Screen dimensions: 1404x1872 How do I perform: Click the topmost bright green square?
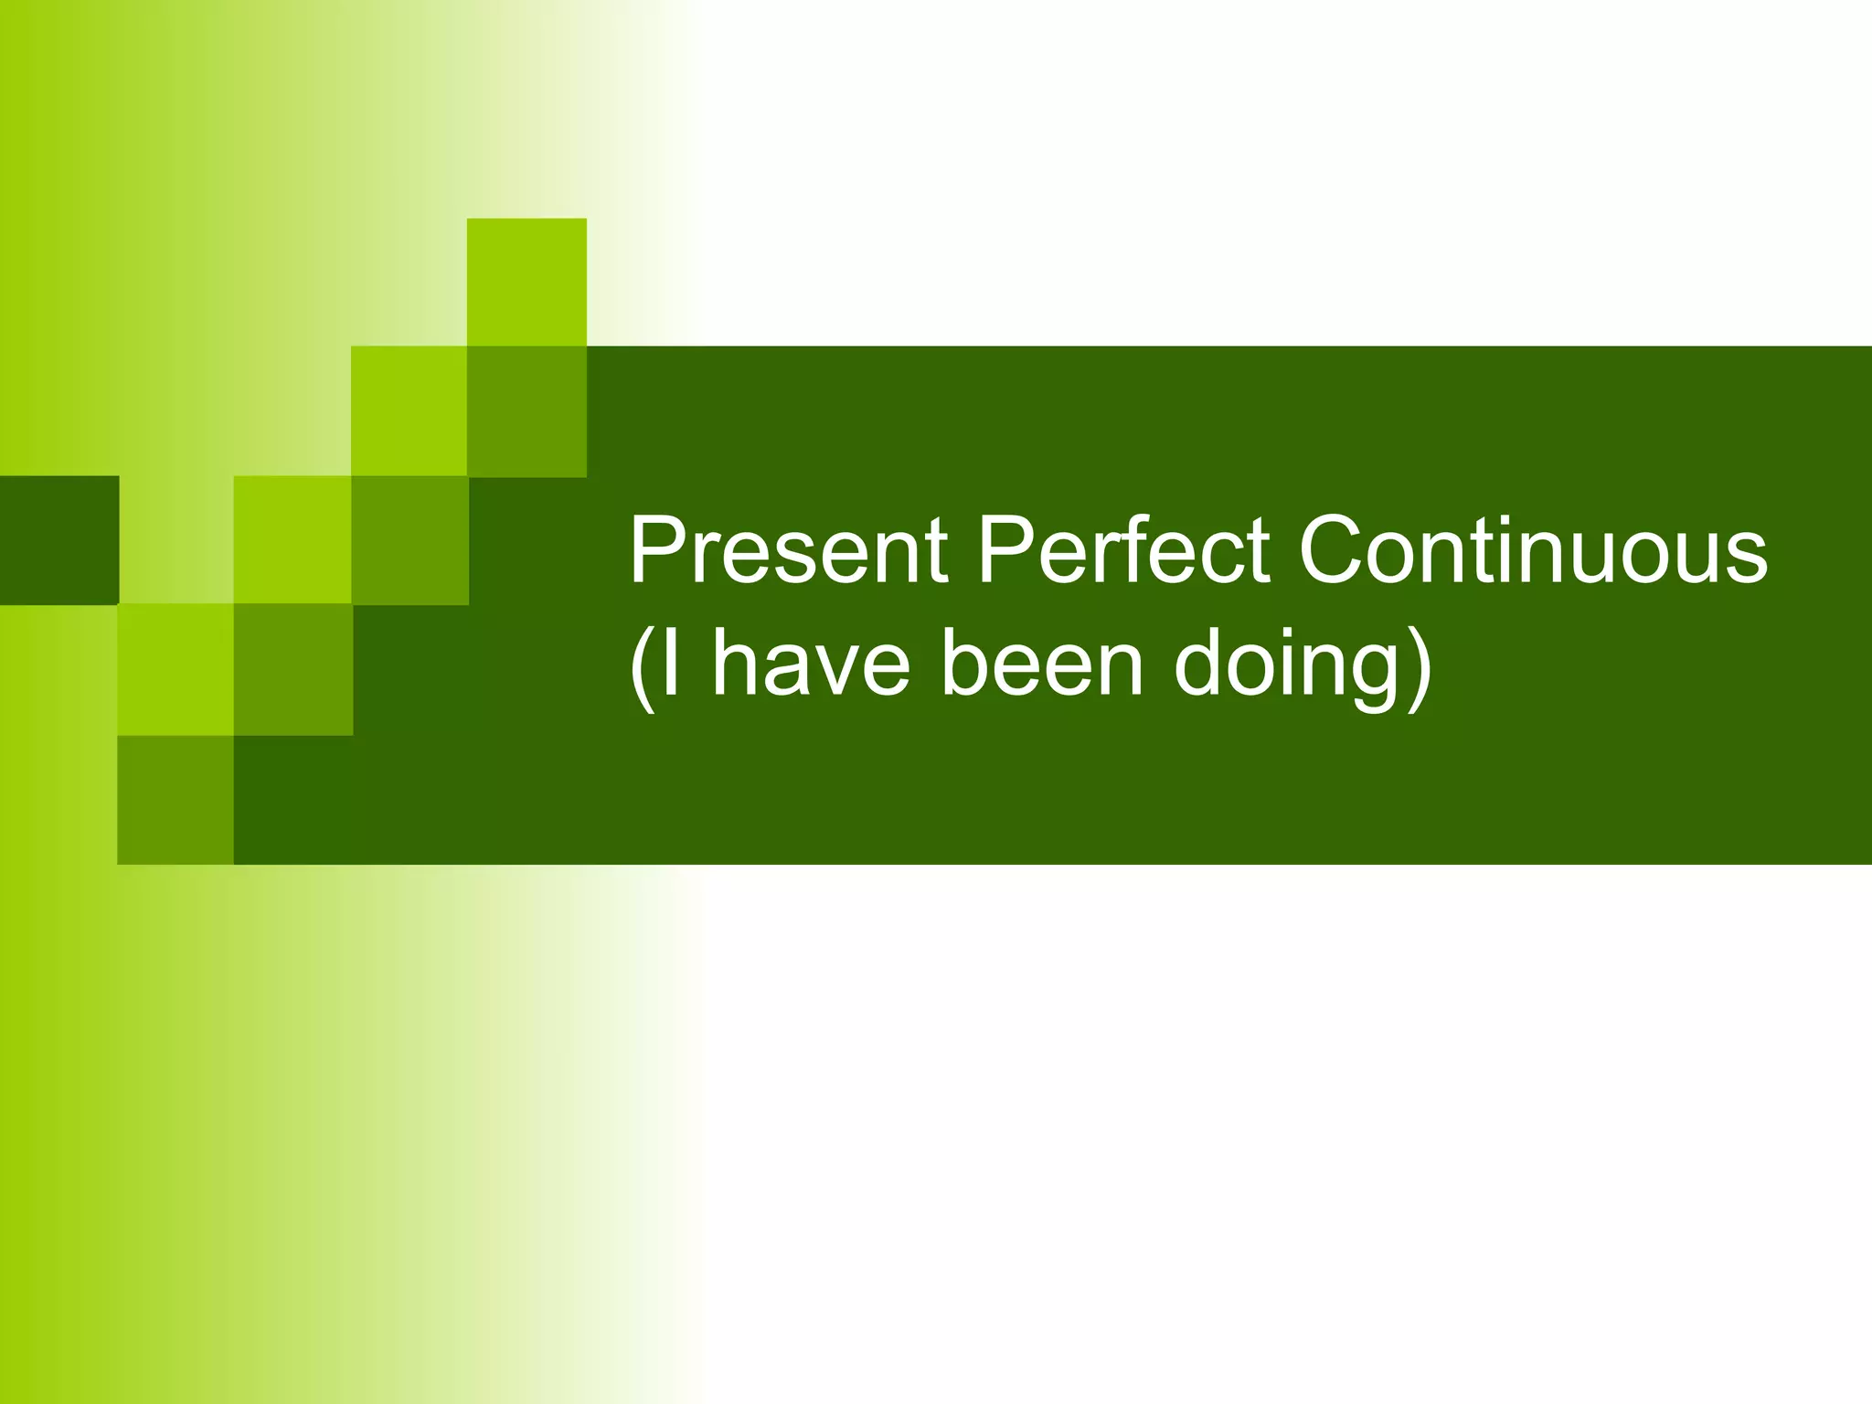526,282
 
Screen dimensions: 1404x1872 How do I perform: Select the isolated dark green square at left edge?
58,539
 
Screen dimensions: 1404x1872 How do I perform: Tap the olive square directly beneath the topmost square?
526,411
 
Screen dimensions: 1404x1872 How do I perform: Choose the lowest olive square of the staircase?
175,799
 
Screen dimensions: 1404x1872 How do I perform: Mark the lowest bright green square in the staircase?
175,669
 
